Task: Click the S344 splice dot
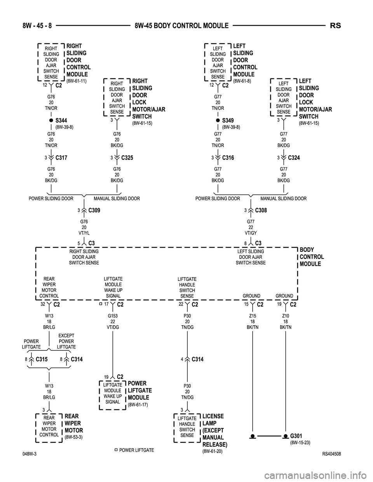pos(51,121)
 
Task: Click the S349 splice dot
pos(218,121)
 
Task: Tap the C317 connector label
pos(61,158)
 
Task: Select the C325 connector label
pos(127,158)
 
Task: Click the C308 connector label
pos(261,210)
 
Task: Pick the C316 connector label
pos(228,158)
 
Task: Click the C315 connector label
pos(41,359)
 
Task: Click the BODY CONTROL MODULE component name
pos(312,257)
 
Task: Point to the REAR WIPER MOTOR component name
pos(73,423)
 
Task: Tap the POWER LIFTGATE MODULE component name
pos(139,390)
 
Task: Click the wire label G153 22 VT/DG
pos(113,322)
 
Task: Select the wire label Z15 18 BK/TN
pos(253,322)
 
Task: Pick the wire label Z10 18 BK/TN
pos(286,322)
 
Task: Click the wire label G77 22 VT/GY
pos(251,227)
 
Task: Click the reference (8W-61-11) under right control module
pos(76,81)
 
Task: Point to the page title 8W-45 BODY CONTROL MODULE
pos(181,26)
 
